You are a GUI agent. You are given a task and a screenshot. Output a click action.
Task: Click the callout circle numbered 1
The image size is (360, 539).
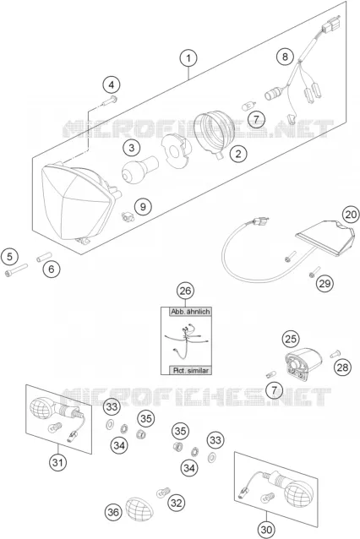tap(188, 58)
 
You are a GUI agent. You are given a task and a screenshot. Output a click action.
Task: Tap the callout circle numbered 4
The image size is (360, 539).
tap(112, 84)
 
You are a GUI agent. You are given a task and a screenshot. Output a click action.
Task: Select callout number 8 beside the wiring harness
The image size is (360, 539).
tap(285, 56)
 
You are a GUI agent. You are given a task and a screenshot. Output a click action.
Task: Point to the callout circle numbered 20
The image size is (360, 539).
tap(351, 215)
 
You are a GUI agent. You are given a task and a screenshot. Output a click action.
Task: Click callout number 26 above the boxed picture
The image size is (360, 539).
tap(185, 291)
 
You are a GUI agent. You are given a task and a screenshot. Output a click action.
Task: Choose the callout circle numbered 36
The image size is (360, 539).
tap(113, 512)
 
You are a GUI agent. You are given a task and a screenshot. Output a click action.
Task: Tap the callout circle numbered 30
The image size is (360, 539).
tap(266, 530)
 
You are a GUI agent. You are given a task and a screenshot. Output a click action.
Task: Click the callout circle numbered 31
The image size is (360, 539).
tap(57, 462)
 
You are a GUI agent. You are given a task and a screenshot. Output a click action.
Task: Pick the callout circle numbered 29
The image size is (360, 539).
tap(325, 283)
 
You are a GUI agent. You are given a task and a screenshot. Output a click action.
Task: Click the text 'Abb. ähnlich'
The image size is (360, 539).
tap(190, 312)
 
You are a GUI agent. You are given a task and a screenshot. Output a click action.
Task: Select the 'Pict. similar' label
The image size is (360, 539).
tap(190, 370)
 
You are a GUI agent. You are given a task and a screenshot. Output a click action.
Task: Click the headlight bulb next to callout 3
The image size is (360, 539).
tap(140, 168)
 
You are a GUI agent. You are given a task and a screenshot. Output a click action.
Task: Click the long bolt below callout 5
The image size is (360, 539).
tap(16, 269)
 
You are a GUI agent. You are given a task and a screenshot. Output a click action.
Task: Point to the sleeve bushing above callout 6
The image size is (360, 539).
tap(44, 257)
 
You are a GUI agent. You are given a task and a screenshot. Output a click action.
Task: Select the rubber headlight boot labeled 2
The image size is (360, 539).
tap(214, 133)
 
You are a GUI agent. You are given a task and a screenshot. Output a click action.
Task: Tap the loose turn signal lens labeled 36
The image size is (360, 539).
tap(139, 509)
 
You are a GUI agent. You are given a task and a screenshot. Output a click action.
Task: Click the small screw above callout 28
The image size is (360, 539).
tap(335, 353)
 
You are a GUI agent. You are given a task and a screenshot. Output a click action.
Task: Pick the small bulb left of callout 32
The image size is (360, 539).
tap(163, 493)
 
